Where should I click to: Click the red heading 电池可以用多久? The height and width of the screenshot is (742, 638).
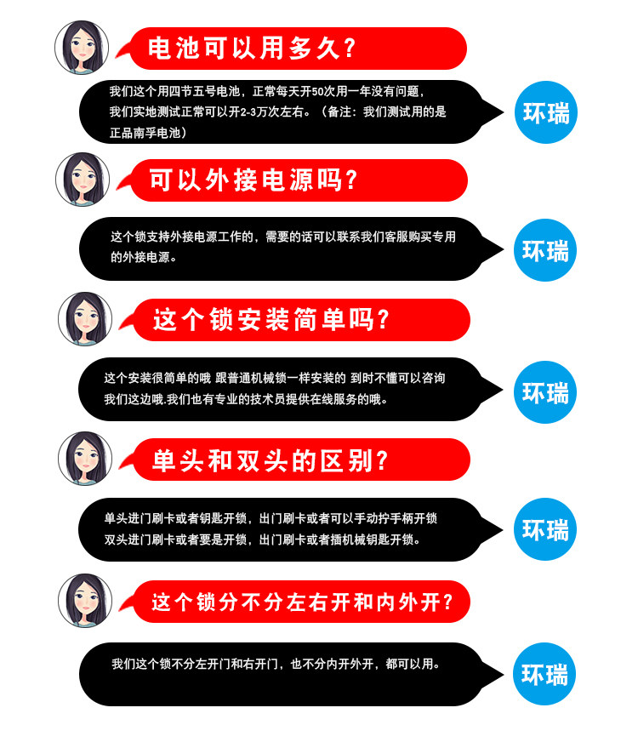click(x=252, y=49)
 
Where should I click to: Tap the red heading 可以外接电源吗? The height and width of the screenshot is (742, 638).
click(x=253, y=180)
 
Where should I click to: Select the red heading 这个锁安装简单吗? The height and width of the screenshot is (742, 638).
click(x=271, y=320)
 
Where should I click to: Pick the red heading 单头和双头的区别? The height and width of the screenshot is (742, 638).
click(x=271, y=460)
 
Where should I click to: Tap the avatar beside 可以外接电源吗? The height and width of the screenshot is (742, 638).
click(x=83, y=180)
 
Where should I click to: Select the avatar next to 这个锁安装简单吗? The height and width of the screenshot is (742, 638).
click(x=85, y=319)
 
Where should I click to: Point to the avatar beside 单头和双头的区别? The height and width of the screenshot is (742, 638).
click(x=85, y=459)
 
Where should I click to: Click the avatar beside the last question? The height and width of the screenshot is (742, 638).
click(x=85, y=601)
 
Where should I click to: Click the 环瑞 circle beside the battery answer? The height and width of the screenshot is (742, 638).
click(x=545, y=112)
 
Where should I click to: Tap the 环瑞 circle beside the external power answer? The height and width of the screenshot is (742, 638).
click(x=545, y=251)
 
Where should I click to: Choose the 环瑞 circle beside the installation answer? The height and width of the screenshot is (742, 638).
click(x=545, y=392)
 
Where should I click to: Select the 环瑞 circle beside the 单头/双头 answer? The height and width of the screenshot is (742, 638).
click(x=545, y=530)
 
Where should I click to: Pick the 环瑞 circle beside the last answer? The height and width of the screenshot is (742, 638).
click(x=545, y=675)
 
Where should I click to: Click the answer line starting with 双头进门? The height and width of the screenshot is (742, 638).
click(x=261, y=539)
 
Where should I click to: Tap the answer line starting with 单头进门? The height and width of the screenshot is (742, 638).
click(x=271, y=517)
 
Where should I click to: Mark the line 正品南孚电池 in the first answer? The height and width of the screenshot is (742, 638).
click(x=145, y=133)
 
